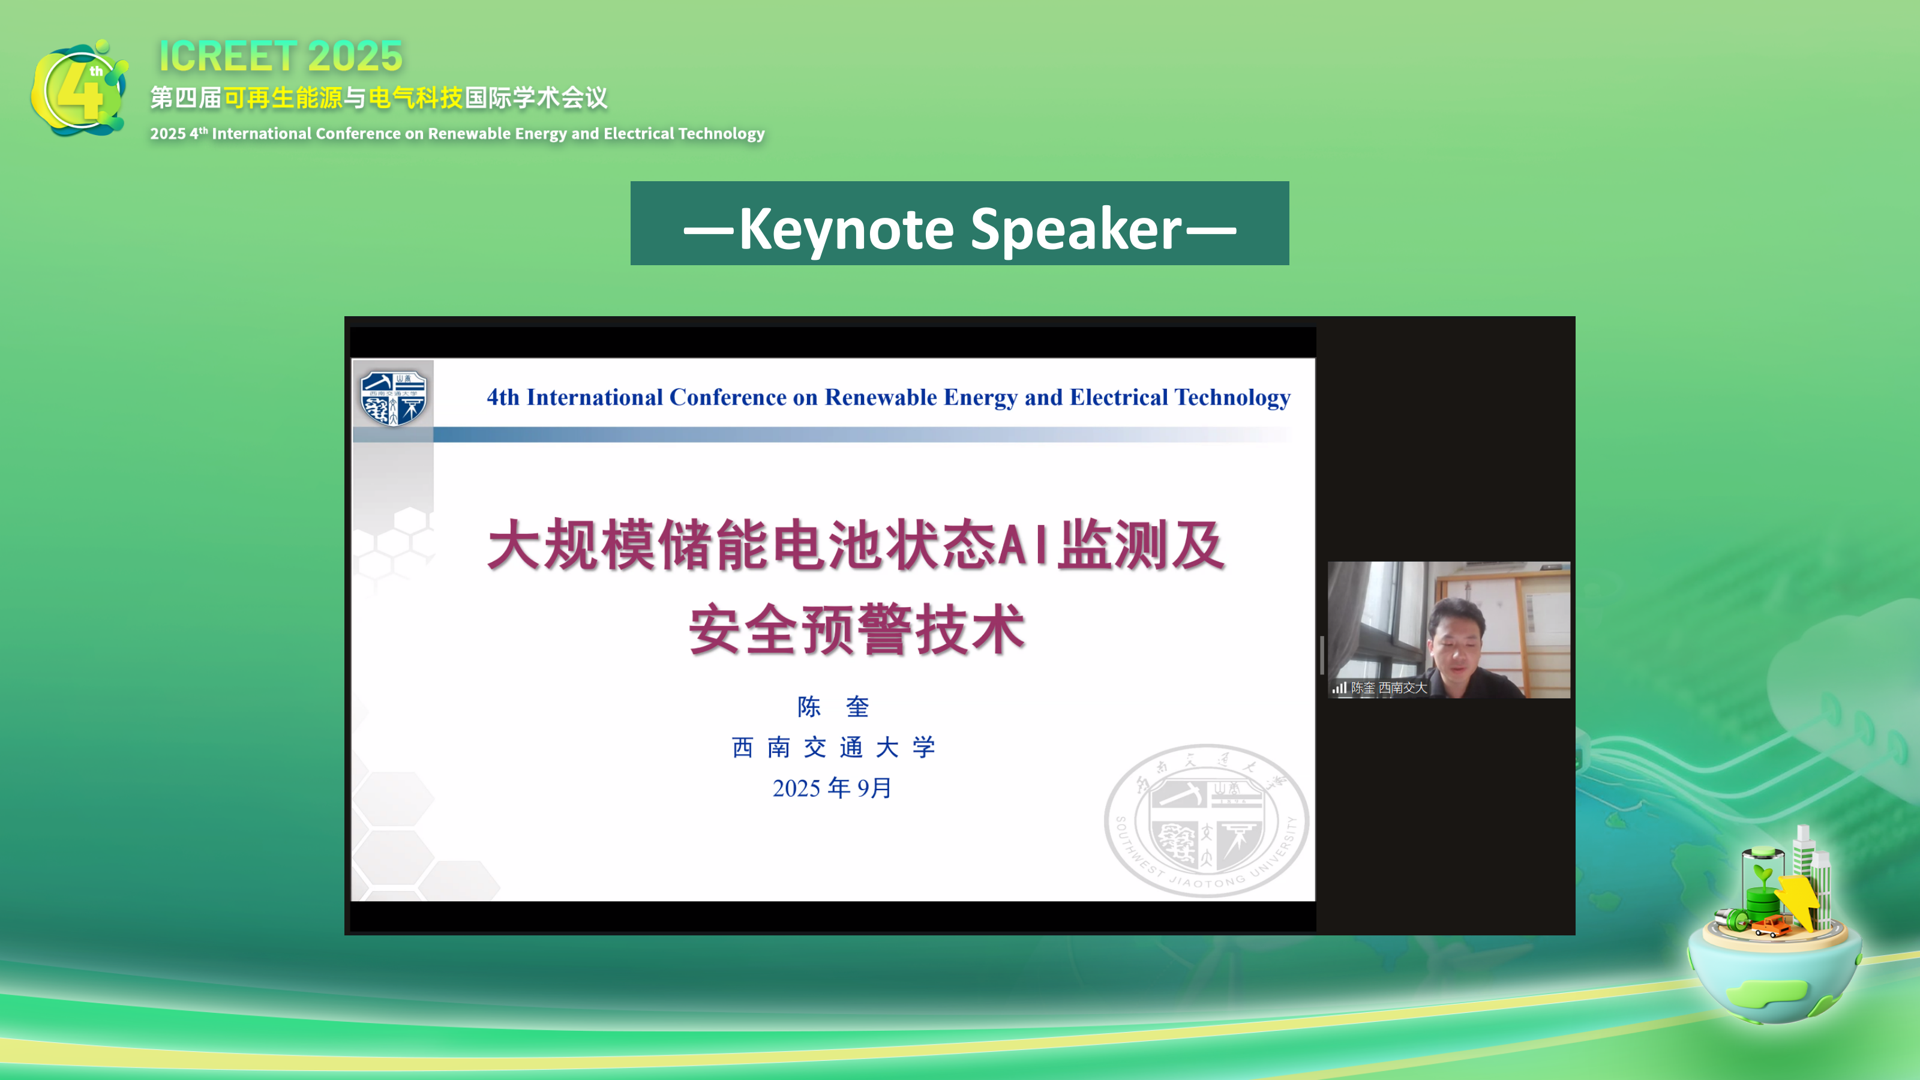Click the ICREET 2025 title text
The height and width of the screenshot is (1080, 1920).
click(x=280, y=56)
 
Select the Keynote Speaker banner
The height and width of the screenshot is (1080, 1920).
click(x=959, y=223)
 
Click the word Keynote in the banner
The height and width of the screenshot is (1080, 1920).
click(x=847, y=229)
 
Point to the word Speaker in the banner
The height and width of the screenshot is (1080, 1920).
click(x=1076, y=229)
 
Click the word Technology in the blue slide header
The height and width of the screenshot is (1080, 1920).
click(x=1233, y=398)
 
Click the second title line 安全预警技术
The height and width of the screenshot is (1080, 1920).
click(x=857, y=630)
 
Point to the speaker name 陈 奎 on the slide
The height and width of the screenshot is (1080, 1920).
click(x=833, y=707)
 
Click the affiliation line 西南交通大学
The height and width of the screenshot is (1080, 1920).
click(x=833, y=747)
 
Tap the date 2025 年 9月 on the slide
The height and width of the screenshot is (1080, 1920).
click(x=832, y=788)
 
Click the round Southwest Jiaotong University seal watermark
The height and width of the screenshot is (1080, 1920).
click(x=1206, y=821)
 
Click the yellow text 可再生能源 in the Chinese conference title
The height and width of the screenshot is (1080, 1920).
click(x=283, y=98)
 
